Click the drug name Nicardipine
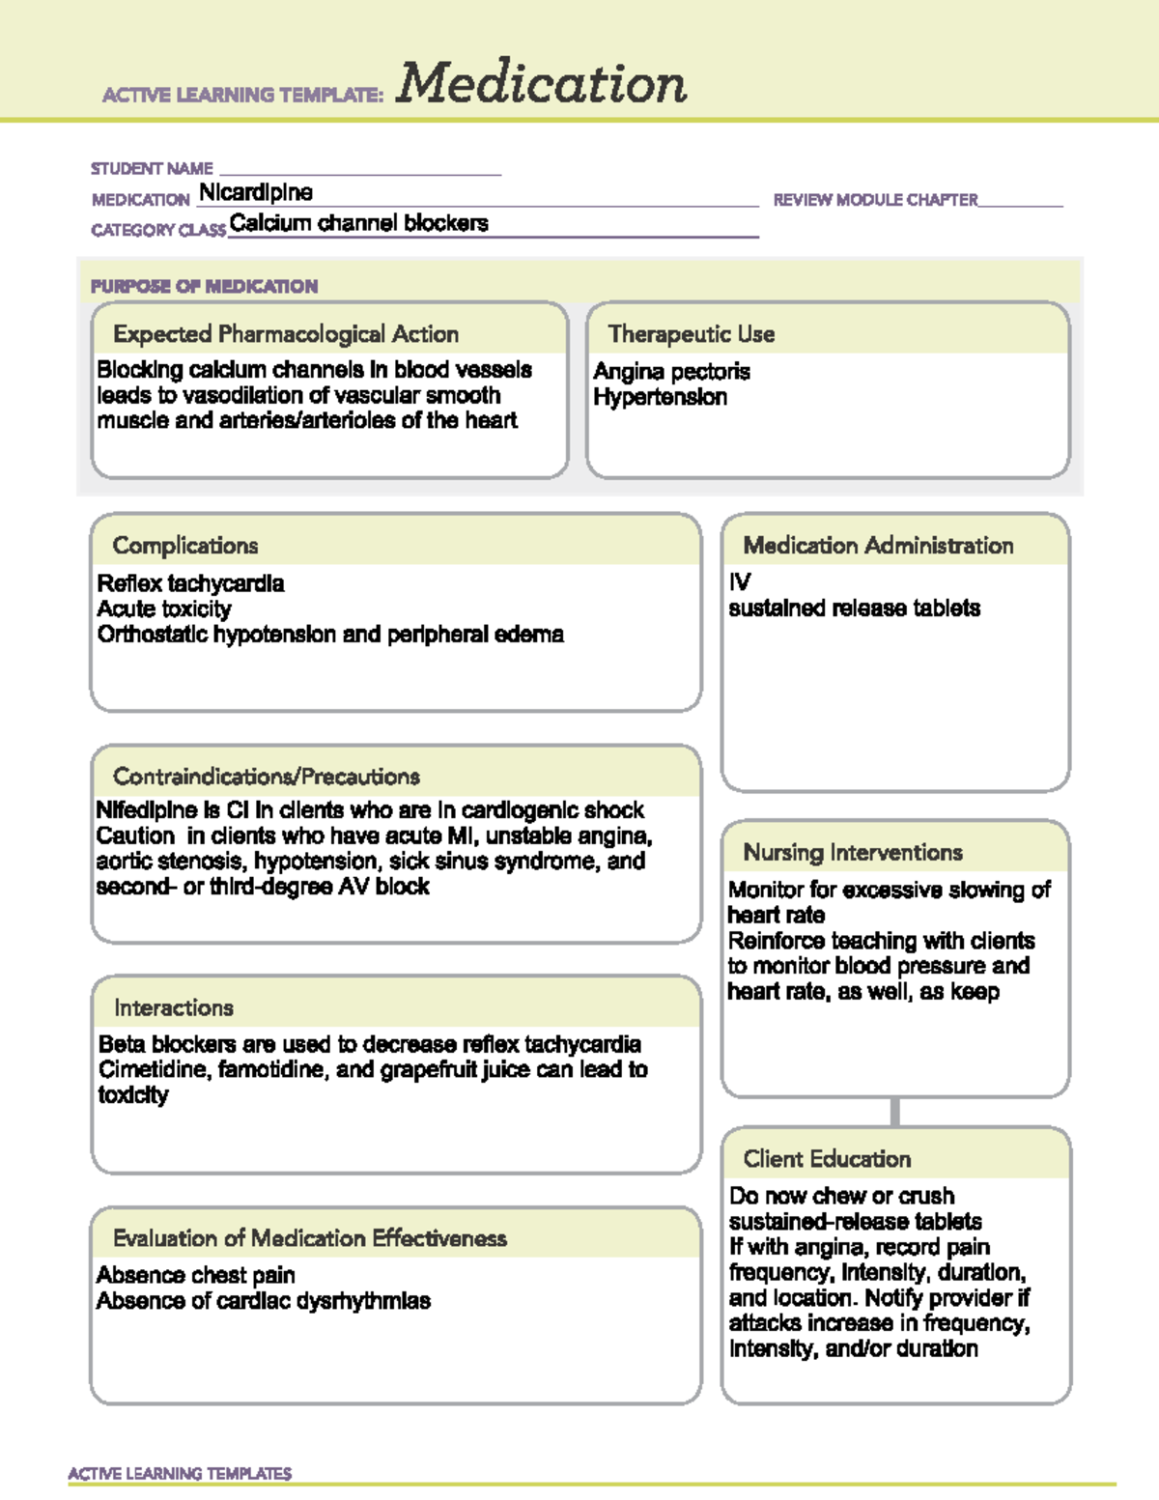pyautogui.click(x=256, y=193)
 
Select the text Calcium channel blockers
pyautogui.click(x=358, y=224)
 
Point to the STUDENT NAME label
pyautogui.click(x=152, y=169)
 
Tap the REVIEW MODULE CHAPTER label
pyautogui.click(x=875, y=200)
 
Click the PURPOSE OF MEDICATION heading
pyautogui.click(x=204, y=287)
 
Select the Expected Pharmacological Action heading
pyautogui.click(x=286, y=334)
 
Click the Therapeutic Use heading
pyautogui.click(x=692, y=334)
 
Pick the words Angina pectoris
pyautogui.click(x=671, y=372)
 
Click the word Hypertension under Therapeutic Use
pyautogui.click(x=660, y=397)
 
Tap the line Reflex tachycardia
pyautogui.click(x=190, y=583)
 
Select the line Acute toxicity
pyautogui.click(x=164, y=609)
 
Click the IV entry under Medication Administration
pyautogui.click(x=740, y=582)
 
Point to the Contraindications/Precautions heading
pyautogui.click(x=267, y=777)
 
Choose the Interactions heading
pyautogui.click(x=174, y=1007)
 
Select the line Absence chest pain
pyautogui.click(x=196, y=1275)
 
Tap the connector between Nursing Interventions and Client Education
pyautogui.click(x=895, y=1112)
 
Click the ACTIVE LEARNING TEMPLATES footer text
pyautogui.click(x=180, y=1473)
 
